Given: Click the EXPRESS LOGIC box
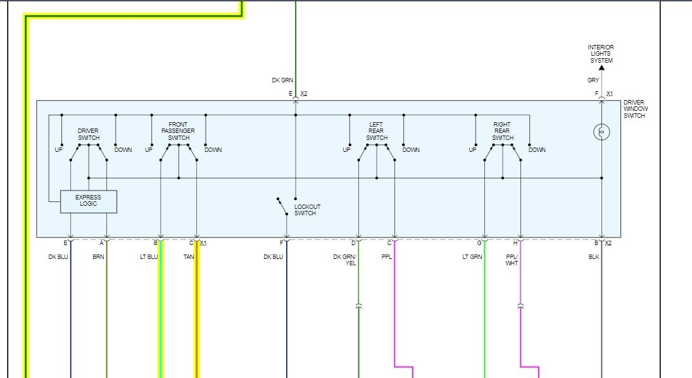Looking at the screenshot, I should [x=89, y=201].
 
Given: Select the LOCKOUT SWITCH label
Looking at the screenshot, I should [x=307, y=210].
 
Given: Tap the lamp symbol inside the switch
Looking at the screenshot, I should [x=601, y=132].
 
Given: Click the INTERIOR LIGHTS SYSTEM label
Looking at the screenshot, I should [x=600, y=54].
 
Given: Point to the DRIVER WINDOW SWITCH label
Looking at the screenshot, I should [x=636, y=109].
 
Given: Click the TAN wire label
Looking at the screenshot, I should [x=188, y=257].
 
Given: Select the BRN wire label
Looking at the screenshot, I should [x=98, y=257].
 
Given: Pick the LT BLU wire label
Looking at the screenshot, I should [x=148, y=257].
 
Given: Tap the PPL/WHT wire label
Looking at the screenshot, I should [x=512, y=260].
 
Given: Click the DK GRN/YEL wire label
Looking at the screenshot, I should [x=345, y=260].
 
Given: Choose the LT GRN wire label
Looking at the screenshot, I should [x=472, y=257].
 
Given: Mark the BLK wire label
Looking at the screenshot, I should [x=593, y=257].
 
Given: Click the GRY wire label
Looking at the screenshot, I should [x=593, y=80].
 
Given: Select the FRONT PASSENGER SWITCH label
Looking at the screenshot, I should [x=179, y=131].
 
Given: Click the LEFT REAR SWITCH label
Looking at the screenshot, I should [x=377, y=131].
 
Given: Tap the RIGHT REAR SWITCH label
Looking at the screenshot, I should [x=503, y=131].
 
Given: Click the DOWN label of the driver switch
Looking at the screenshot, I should [x=123, y=150].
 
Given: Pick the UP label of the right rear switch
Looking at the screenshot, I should [x=472, y=150].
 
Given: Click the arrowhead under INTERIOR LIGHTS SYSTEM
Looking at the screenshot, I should [x=601, y=67].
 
